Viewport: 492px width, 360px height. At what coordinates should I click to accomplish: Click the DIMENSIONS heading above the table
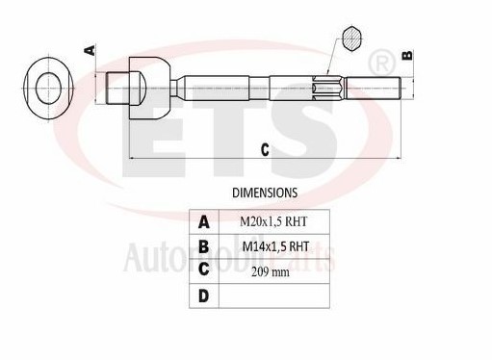265,193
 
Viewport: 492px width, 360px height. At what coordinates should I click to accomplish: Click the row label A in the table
204,221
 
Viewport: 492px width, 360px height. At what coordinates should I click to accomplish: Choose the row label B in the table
204,245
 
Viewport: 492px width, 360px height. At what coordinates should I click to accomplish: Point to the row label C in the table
204,270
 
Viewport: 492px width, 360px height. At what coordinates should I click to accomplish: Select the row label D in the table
204,296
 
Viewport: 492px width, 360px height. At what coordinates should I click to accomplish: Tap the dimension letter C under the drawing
265,148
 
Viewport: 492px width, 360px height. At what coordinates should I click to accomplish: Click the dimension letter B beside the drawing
406,55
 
